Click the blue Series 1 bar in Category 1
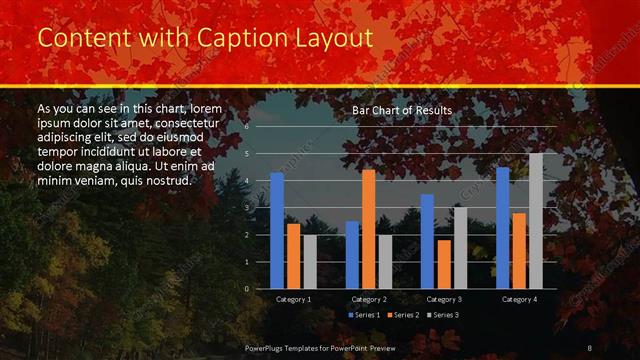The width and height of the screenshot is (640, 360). click(x=277, y=230)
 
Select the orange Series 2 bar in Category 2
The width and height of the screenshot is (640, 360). click(x=368, y=229)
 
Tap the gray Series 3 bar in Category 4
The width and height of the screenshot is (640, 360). click(x=535, y=220)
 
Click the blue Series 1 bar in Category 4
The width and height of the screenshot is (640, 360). click(x=502, y=227)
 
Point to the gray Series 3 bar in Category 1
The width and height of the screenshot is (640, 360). click(x=310, y=261)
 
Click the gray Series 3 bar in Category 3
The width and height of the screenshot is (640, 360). click(x=460, y=247)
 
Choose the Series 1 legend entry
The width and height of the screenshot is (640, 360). click(x=364, y=315)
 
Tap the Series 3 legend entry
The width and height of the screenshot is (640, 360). click(x=444, y=315)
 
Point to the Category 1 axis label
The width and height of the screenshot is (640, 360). click(x=293, y=299)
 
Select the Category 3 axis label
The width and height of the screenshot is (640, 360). click(x=443, y=299)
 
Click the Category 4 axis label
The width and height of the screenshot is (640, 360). click(x=519, y=299)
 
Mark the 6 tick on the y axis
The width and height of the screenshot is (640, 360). click(x=246, y=128)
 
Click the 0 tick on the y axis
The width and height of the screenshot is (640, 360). click(x=246, y=288)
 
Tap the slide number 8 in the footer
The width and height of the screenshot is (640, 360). click(x=589, y=346)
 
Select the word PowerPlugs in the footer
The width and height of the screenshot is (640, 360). click(x=270, y=346)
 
